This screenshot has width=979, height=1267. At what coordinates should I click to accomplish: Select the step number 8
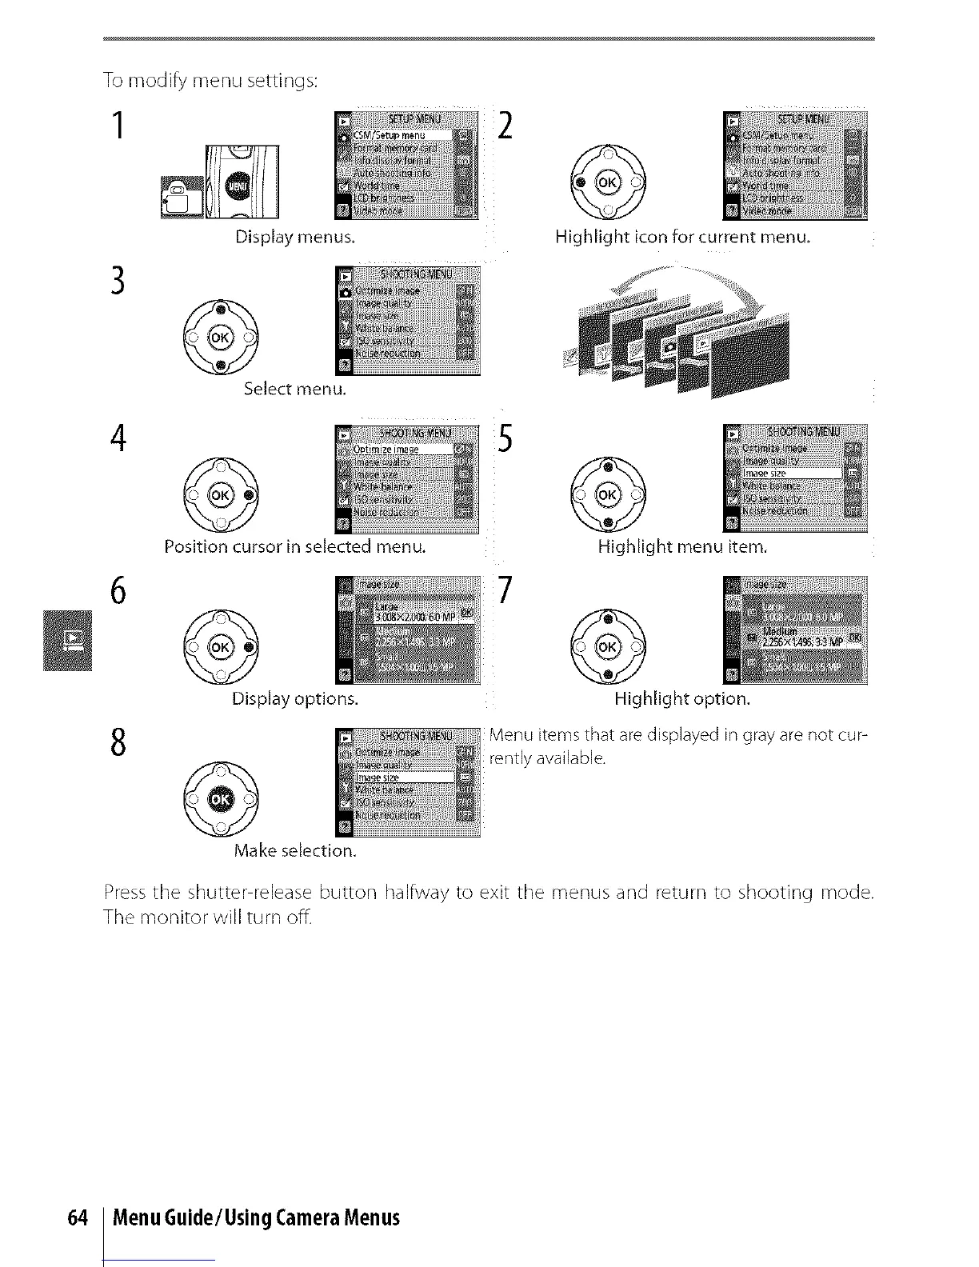coord(118,742)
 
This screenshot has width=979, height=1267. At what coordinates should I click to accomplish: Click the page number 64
coord(77,1218)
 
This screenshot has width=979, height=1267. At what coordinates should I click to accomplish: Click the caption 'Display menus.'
coord(295,237)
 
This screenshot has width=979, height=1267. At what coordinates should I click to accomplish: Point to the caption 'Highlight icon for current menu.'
coord(683,237)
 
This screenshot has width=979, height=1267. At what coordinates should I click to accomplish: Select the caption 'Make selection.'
coord(295,850)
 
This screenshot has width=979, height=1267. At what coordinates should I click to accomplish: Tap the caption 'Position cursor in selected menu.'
coord(295,547)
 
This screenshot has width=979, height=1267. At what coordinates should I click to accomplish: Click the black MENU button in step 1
coord(237,186)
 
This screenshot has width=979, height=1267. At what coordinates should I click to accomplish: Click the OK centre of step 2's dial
coord(607,183)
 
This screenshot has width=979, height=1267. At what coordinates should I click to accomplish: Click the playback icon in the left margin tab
coord(71,639)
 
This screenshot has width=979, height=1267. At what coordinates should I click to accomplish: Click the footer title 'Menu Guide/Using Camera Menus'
coord(256,1218)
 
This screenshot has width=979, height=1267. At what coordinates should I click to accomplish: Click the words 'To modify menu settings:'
coord(211,81)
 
